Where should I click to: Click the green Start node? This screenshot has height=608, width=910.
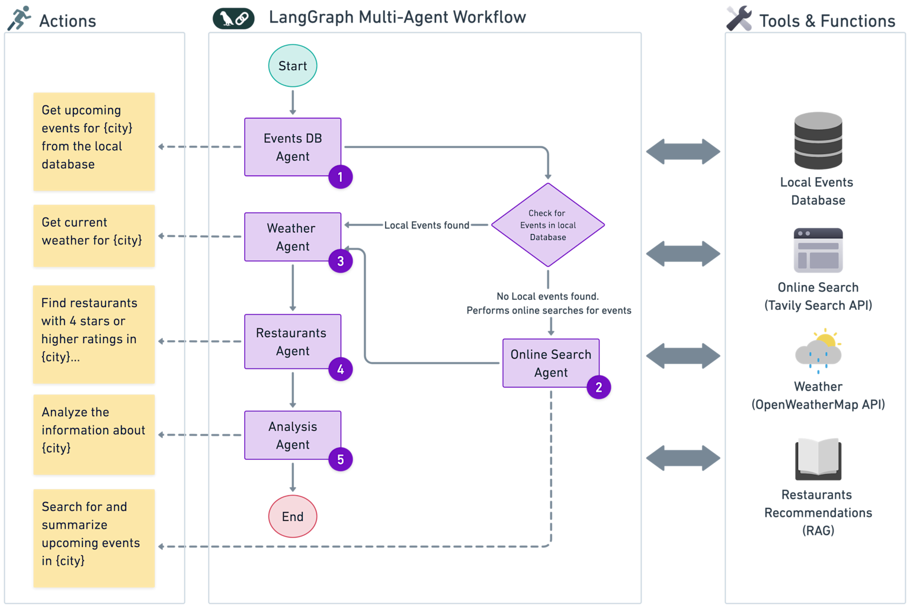click(293, 66)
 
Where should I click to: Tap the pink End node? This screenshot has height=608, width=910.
click(293, 516)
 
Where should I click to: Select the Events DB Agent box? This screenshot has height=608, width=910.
click(293, 147)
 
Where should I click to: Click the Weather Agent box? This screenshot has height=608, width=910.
click(293, 237)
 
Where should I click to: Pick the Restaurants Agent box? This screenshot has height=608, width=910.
click(293, 342)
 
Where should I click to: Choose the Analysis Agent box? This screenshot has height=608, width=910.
click(293, 435)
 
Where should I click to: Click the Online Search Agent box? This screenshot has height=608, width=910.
click(551, 363)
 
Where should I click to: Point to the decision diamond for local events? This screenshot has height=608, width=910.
click(548, 225)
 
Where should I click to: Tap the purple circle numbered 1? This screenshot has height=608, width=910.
click(341, 177)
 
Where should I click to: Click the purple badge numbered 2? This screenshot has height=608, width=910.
click(599, 388)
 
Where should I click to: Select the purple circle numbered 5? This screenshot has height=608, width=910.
click(341, 459)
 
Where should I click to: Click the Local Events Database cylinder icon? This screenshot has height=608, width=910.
click(818, 141)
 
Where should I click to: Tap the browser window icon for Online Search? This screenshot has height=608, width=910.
click(818, 251)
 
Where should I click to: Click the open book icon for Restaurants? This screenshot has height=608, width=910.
click(818, 459)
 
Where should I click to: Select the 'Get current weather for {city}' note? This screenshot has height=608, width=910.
click(94, 236)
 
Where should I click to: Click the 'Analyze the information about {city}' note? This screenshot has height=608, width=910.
click(94, 434)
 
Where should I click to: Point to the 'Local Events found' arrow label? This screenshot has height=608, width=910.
click(427, 225)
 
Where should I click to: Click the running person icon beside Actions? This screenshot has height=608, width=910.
click(19, 18)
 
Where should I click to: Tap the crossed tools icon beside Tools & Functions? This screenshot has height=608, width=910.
click(739, 18)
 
